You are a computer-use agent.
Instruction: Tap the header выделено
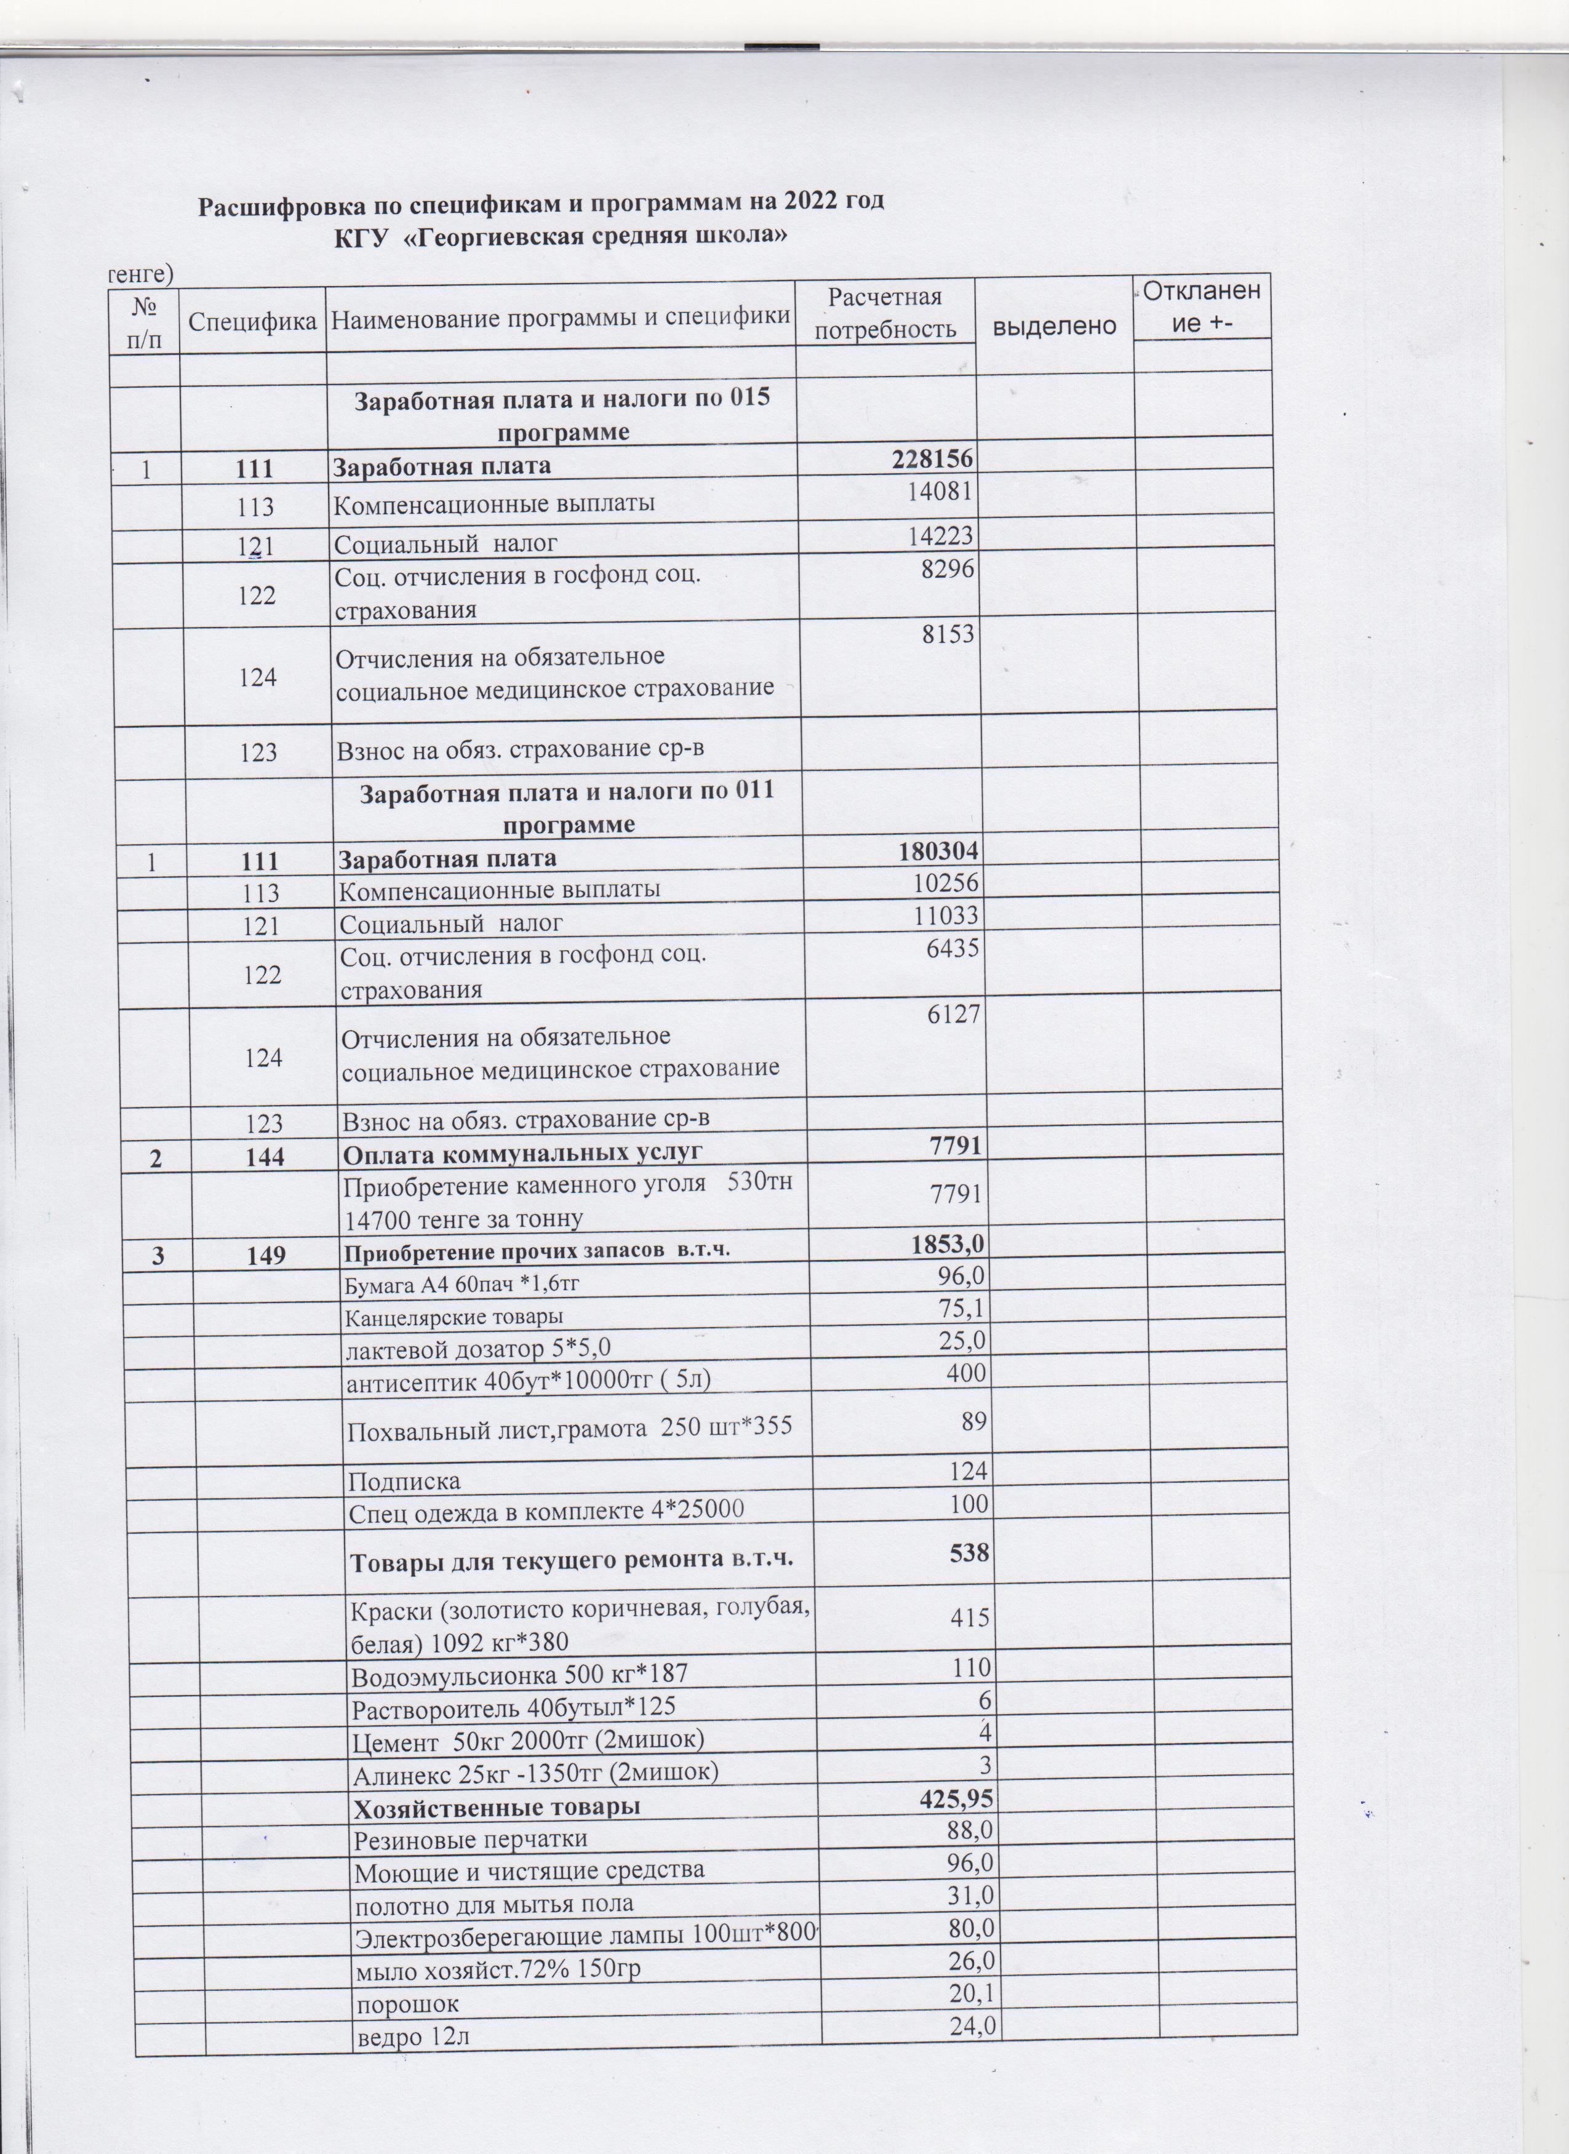[1054, 325]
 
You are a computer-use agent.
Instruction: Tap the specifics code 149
[265, 1255]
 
